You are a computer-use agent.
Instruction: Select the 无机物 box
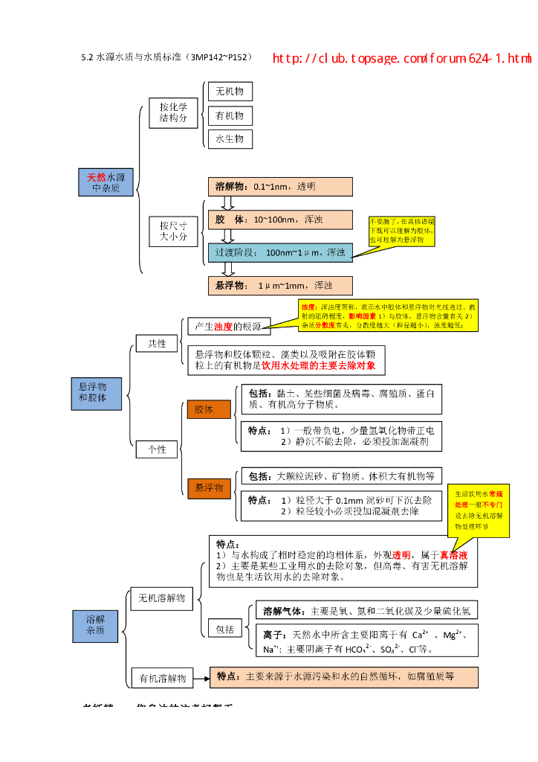(230, 92)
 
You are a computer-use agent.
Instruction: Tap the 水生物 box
(230, 138)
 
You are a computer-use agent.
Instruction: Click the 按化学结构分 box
(173, 112)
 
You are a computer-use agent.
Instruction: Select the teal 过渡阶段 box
(280, 252)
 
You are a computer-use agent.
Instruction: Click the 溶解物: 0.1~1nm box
(280, 186)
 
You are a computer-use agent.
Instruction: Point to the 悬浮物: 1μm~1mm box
(280, 285)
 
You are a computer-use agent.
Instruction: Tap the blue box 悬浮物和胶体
(93, 392)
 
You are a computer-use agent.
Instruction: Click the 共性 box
(157, 343)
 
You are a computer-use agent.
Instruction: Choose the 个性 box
(157, 449)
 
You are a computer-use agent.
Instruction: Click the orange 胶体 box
(208, 409)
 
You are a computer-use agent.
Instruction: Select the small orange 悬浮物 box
(209, 487)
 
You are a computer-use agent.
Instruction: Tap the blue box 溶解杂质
(95, 625)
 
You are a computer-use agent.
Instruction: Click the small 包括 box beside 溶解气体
(224, 630)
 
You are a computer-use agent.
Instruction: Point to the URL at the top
(402, 58)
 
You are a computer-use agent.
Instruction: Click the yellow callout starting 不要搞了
(401, 231)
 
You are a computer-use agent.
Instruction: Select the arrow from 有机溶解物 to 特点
(201, 677)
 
